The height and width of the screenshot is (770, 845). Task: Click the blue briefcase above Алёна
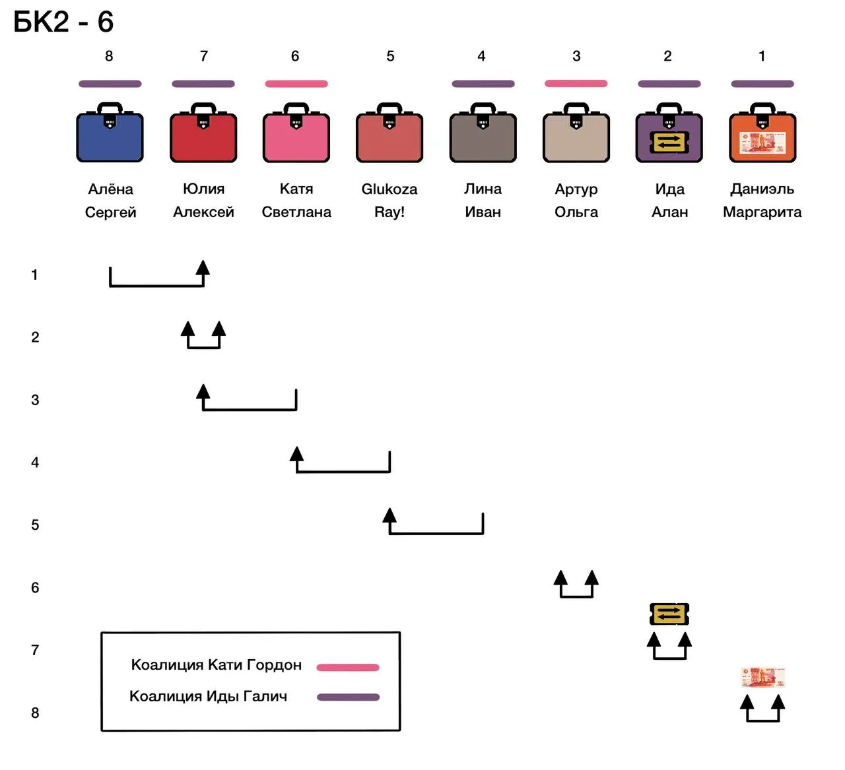(110, 132)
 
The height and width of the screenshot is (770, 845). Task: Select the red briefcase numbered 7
(203, 132)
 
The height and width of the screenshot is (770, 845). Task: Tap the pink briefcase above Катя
(296, 132)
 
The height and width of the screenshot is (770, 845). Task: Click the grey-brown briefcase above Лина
(483, 132)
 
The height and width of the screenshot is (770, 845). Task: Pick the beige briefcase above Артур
(576, 132)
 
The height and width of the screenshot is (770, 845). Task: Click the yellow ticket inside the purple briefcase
(669, 142)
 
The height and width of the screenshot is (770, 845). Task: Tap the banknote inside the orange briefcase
(762, 143)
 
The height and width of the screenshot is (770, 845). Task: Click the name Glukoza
(389, 189)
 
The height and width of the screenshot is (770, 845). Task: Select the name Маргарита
(762, 212)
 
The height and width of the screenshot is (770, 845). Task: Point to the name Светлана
(296, 212)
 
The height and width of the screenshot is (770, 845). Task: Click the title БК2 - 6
(63, 22)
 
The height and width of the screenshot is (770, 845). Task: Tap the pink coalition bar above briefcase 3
(576, 83)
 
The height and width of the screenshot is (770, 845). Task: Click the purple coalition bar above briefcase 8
(110, 84)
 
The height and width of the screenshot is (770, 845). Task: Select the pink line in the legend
(348, 667)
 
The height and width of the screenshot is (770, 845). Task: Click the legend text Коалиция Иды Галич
(208, 696)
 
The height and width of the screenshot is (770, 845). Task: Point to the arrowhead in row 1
(203, 268)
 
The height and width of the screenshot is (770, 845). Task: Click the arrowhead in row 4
(297, 454)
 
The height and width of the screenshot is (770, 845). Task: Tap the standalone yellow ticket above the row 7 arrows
(669, 614)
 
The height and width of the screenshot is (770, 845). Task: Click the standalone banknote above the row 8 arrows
(763, 678)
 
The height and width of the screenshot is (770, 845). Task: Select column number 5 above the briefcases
(391, 56)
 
